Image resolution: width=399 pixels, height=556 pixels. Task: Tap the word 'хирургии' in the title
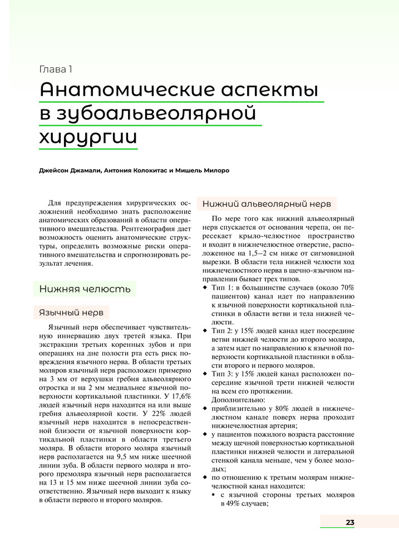pos(88,137)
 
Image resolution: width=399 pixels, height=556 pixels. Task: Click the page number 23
pos(349,522)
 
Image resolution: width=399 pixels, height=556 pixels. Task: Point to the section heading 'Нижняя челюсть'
pos(85,289)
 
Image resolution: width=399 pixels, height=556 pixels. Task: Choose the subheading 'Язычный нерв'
pos(72,312)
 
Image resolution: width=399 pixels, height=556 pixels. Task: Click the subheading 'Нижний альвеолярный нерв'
pos(267,203)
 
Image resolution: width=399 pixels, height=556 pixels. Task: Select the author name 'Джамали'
pos(85,170)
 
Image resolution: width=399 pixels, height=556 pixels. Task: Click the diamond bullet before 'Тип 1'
pos(205,287)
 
